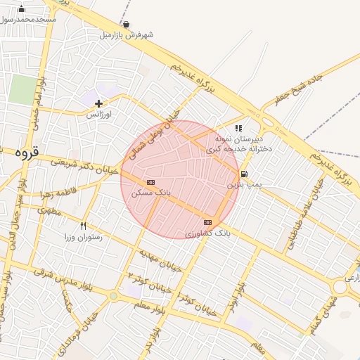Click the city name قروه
click(30, 152)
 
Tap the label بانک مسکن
click(151, 191)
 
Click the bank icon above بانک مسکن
click(151, 182)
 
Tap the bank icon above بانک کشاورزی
click(207, 222)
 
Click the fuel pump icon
click(244, 174)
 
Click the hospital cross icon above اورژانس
click(98, 103)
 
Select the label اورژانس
click(99, 113)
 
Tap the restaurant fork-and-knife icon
click(84, 226)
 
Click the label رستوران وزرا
click(84, 237)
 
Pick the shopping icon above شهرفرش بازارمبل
click(126, 24)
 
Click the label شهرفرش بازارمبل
click(127, 34)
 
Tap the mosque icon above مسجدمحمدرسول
click(21, 9)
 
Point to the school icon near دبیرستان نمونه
click(239, 129)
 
